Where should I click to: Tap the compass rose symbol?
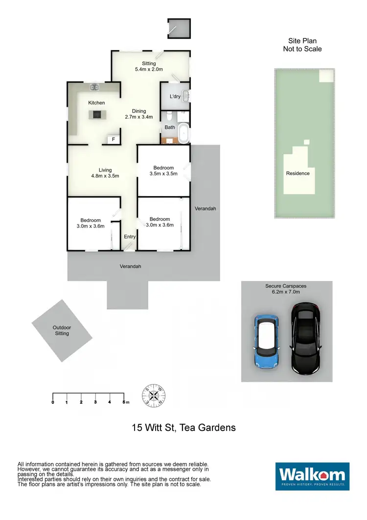[x=153, y=395]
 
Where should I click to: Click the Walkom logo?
[x=312, y=476]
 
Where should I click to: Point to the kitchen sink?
[x=94, y=87]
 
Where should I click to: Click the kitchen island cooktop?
[x=96, y=115]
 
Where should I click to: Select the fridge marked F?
[x=114, y=140]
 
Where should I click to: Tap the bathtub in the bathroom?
[x=183, y=134]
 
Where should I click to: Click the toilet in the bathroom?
[x=169, y=116]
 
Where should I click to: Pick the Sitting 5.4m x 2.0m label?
[x=149, y=67]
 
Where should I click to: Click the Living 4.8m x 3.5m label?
[x=105, y=173]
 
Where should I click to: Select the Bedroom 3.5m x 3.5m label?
[x=162, y=171]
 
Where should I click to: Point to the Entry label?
[x=130, y=237]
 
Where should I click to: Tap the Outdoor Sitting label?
[x=62, y=330]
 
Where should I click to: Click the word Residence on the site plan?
[x=298, y=173]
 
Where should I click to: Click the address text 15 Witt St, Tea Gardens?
[x=183, y=427]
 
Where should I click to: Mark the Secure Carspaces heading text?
[x=286, y=289]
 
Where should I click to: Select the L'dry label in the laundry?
[x=175, y=97]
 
